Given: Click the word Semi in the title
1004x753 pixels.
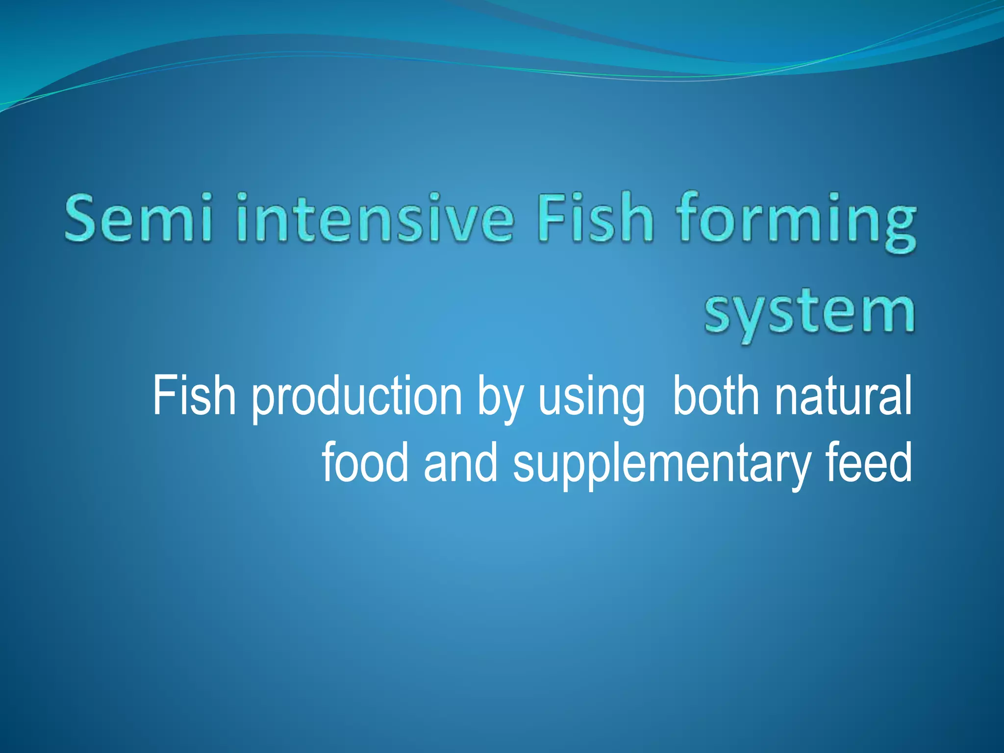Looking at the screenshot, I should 139,218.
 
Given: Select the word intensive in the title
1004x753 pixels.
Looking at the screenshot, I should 375,218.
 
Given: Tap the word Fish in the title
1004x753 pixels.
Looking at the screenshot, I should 596,218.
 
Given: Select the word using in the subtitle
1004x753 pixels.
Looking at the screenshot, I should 591,399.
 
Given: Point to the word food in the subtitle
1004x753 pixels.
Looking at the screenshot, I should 365,462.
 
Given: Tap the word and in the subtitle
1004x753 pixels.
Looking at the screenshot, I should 461,462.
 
